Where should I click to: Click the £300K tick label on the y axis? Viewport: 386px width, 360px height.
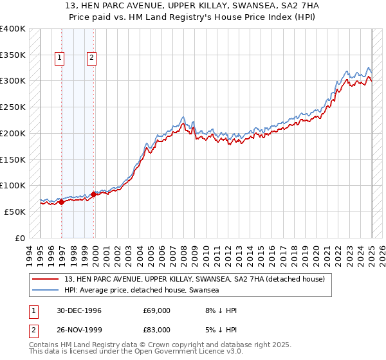point(12,81)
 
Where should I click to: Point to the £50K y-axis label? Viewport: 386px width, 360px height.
point(15,212)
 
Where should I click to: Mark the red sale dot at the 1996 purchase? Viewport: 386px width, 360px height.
point(62,202)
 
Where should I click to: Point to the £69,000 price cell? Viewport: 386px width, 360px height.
point(157,310)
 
